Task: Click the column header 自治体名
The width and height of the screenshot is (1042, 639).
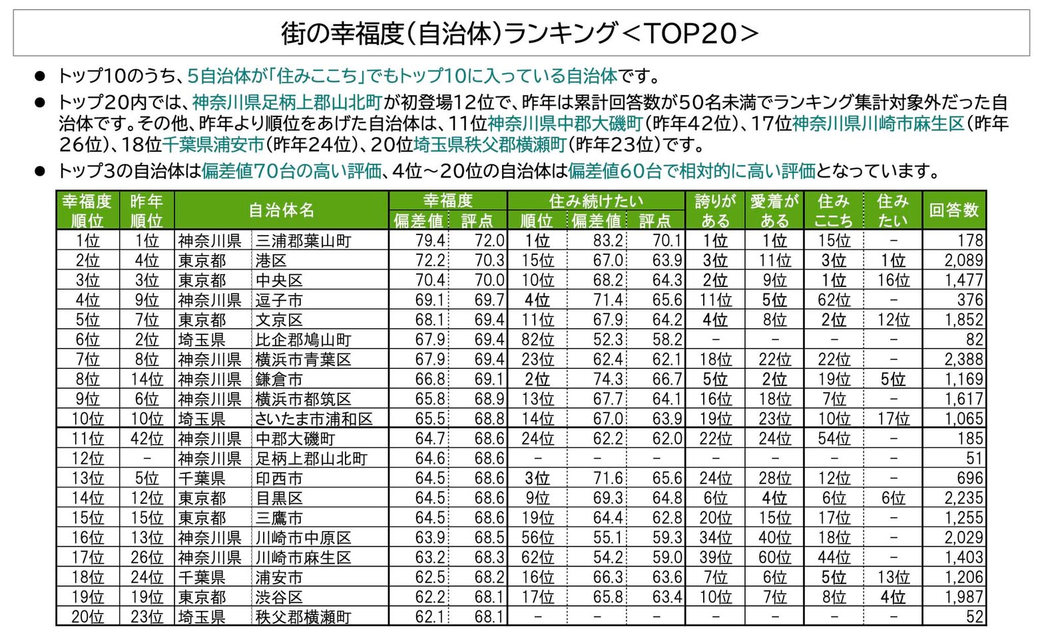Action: coord(282,210)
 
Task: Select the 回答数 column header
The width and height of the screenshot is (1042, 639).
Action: coord(954,210)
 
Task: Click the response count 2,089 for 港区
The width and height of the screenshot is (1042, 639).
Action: coord(963,260)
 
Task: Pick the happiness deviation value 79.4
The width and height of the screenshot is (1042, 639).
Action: coord(430,240)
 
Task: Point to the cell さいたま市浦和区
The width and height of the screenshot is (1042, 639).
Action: coord(314,419)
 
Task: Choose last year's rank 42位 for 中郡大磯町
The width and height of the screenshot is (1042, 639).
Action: coord(146,439)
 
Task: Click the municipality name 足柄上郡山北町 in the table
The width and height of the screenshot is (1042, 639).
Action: coord(311,459)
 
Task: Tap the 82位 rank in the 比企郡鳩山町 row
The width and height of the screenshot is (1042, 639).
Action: coord(537,339)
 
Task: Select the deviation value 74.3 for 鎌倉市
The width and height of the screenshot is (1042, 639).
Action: coord(607,379)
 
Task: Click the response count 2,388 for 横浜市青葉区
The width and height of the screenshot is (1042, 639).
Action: coord(963,359)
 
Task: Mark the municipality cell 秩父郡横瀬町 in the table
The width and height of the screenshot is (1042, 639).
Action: coord(304,617)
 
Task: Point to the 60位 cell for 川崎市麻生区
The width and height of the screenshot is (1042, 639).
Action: coord(774,558)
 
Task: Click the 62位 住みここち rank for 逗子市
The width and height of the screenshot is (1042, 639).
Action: coord(834,300)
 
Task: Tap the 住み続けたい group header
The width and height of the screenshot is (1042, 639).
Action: coord(596,201)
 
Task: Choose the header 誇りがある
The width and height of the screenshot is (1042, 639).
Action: coord(715,210)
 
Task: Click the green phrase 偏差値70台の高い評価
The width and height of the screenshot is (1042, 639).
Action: coord(292,171)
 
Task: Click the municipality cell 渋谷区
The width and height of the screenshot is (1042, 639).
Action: coord(278,597)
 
